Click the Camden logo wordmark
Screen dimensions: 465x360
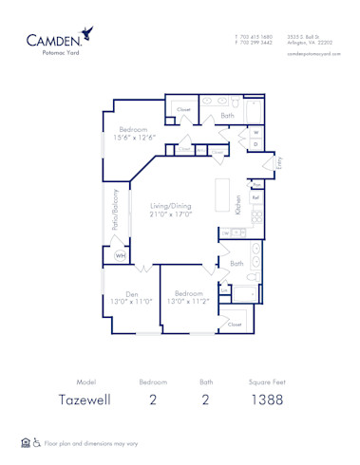54,41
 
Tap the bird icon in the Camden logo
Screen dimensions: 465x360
88,33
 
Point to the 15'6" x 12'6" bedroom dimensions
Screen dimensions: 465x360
134,138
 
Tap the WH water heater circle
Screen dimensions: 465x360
121,256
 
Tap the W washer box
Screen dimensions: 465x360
256,132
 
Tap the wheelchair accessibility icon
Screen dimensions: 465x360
37,442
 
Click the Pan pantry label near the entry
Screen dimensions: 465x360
257,184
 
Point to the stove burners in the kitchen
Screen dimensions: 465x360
256,217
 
